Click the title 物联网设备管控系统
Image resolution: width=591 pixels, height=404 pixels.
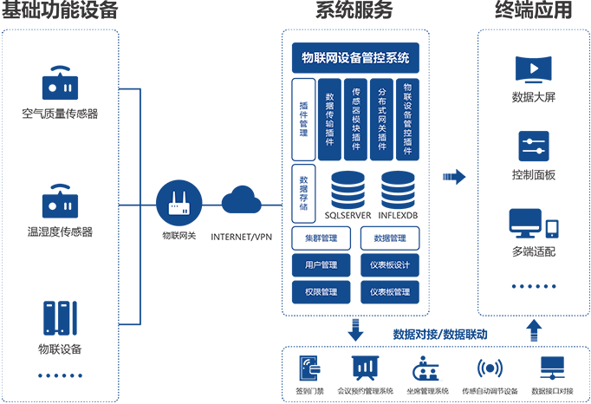355,59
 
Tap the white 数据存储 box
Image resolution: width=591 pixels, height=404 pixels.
303,193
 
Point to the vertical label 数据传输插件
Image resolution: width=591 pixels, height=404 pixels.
329,120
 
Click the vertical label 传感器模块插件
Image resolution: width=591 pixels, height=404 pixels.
356,119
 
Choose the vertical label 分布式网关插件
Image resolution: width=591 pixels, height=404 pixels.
382,119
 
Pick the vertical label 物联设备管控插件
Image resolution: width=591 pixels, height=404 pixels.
408,119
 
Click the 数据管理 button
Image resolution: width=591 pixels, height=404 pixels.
390,238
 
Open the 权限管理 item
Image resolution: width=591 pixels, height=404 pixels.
321,292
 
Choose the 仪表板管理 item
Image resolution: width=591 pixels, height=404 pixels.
390,292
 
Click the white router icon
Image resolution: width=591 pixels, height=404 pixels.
179,205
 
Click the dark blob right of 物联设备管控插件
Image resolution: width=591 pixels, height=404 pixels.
535,101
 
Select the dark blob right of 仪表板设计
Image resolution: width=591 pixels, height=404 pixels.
535,255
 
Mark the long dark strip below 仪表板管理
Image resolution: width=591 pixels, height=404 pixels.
433,386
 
